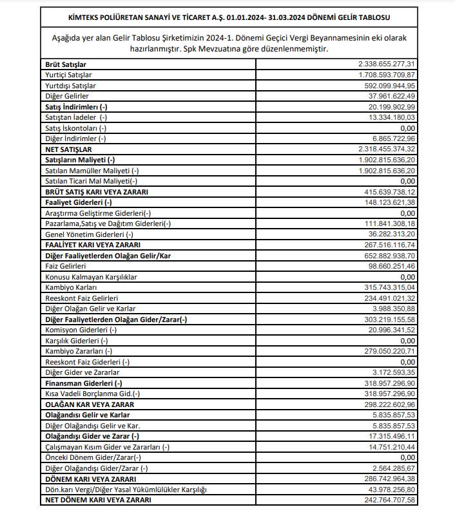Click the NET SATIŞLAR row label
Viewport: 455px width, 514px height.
coord(69,149)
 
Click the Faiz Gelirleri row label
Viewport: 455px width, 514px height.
coord(66,266)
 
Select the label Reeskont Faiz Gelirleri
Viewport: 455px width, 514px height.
coord(81,298)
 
